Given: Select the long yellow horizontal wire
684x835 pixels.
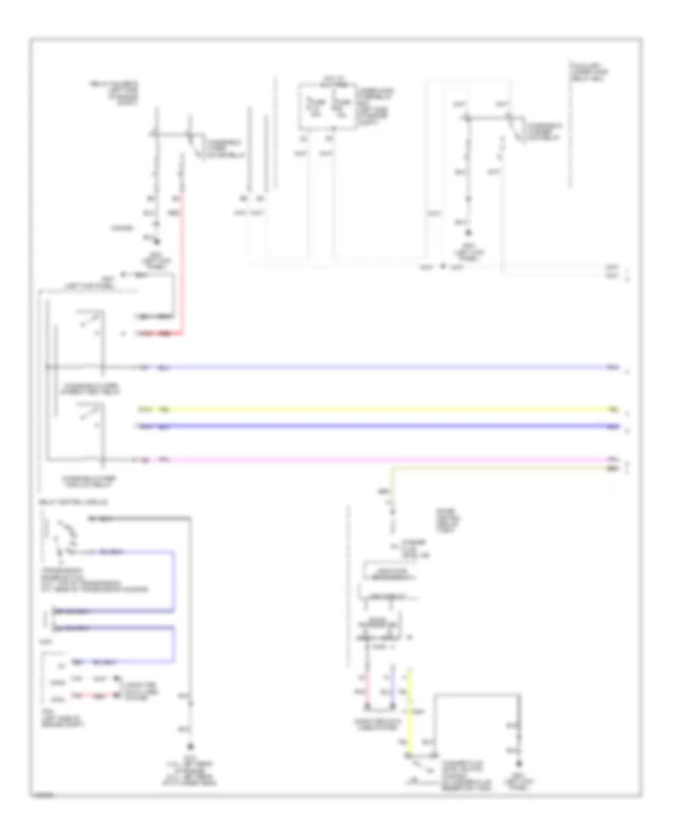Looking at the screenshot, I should point(380,410).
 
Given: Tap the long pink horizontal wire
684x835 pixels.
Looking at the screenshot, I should point(380,460).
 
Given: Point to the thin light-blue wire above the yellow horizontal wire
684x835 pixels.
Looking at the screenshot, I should point(380,368).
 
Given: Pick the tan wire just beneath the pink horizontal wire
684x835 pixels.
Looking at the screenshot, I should point(502,470).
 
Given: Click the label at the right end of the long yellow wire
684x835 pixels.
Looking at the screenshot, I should point(613,410).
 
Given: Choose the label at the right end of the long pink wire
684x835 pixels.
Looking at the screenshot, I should point(613,460).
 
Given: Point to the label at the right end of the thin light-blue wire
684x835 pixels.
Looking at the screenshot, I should point(613,368).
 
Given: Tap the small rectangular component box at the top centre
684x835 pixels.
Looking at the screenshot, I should point(326,106).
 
